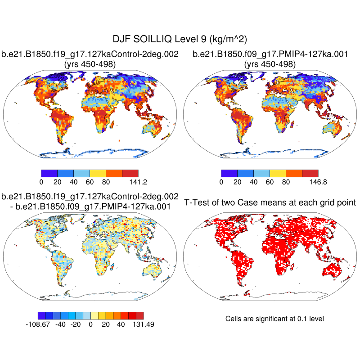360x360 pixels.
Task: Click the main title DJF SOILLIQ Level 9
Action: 180,39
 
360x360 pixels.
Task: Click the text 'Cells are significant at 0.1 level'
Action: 274,319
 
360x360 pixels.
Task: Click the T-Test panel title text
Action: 270,202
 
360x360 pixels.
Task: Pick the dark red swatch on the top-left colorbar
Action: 130,173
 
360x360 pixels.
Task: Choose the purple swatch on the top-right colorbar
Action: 229,173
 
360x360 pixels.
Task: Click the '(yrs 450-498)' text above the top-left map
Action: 90,64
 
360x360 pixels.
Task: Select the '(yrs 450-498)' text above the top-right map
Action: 270,64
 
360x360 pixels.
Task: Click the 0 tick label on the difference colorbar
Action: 90,324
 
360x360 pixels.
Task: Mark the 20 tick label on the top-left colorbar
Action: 57,182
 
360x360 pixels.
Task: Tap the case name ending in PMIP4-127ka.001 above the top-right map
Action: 270,54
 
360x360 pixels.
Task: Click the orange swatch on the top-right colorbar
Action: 294,173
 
